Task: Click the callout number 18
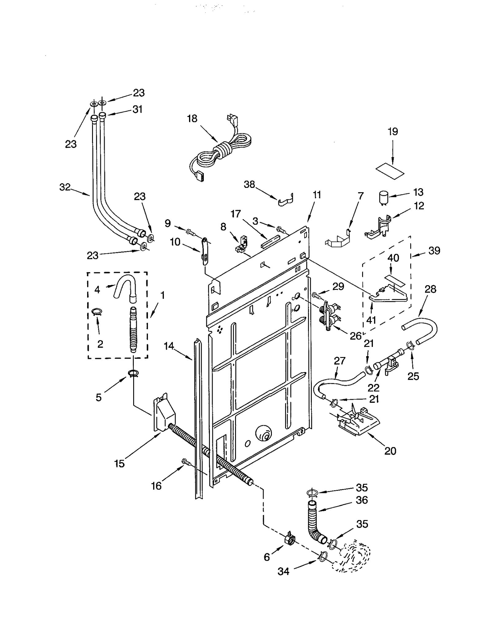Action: click(192, 118)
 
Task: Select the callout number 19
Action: click(393, 131)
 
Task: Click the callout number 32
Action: click(65, 187)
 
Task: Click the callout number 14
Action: click(169, 346)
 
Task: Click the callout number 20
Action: click(390, 451)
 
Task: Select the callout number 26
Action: click(356, 336)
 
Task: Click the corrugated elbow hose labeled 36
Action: click(314, 522)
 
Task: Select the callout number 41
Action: click(371, 320)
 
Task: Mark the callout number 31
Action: click(137, 109)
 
